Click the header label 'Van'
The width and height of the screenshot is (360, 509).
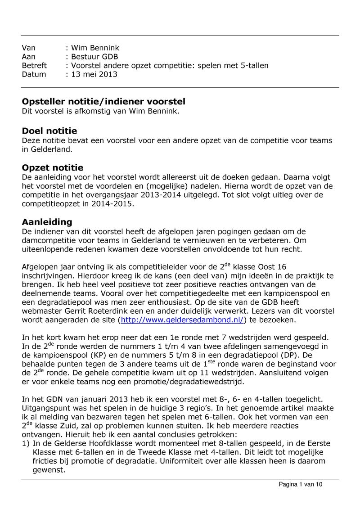click(28, 48)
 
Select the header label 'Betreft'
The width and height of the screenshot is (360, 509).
click(34, 66)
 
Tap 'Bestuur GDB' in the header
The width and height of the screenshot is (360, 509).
click(94, 57)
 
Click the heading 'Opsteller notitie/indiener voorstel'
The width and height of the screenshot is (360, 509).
click(103, 102)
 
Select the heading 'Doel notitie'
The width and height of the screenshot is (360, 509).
click(49, 131)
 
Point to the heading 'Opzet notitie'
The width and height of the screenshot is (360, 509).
click(53, 168)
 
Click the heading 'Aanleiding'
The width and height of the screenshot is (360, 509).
click(47, 222)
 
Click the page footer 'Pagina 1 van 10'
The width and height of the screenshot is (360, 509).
click(301, 484)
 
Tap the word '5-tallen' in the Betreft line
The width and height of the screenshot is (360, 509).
click(253, 66)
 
